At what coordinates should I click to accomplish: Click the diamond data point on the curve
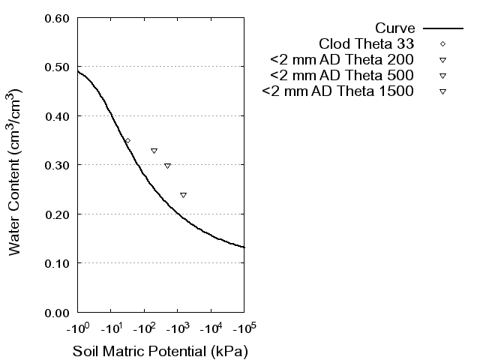[x=127, y=141]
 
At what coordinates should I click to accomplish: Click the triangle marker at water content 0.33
[x=154, y=151]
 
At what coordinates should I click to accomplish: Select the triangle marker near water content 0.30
[x=167, y=166]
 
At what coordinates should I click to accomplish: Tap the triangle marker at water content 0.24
[x=183, y=195]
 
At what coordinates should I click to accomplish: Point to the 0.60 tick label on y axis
[x=58, y=18]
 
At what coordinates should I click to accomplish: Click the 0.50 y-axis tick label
[x=58, y=67]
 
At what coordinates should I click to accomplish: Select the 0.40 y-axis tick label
[x=58, y=116]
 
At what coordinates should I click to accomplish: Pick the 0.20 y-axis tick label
[x=58, y=214]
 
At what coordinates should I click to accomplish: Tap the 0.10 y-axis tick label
[x=58, y=263]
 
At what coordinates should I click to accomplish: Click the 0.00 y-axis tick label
[x=58, y=312]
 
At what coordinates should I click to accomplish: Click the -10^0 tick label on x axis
[x=77, y=328]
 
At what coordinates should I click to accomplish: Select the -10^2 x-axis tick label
[x=144, y=328]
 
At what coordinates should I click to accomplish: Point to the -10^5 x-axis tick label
[x=244, y=328]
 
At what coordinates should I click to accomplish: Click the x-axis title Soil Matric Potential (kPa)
[x=160, y=351]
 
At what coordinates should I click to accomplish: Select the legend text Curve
[x=395, y=28]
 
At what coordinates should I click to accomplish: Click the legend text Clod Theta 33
[x=367, y=43]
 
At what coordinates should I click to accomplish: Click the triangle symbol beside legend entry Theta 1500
[x=442, y=92]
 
